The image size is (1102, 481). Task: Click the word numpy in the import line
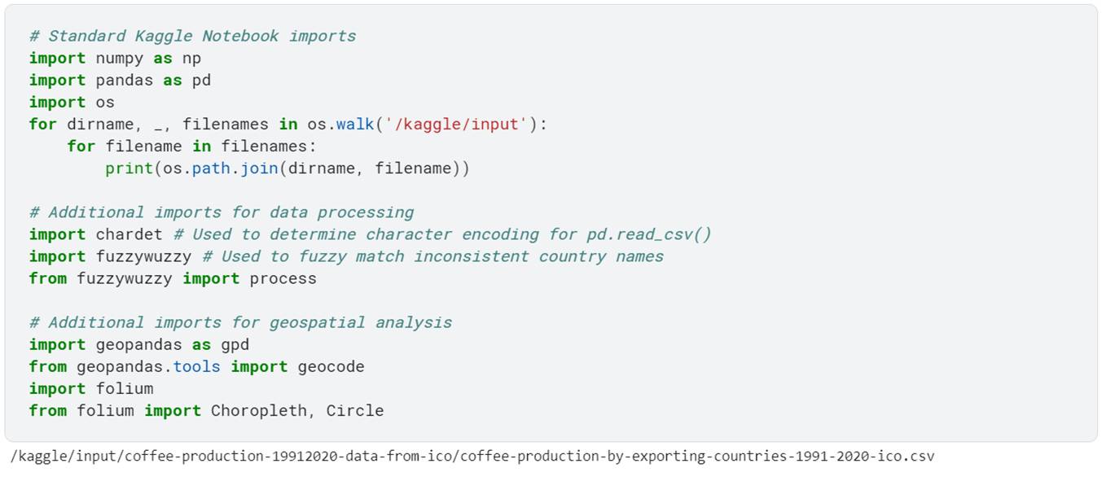120,59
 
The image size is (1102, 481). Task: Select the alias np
191,59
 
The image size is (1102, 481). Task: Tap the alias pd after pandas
201,81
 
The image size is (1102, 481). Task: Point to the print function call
129,168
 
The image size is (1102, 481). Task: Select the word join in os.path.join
259,168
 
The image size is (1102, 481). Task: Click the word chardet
129,234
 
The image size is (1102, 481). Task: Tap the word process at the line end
283,278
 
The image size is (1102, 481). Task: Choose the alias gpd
235,344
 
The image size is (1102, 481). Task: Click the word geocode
331,366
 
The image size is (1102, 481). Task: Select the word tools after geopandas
196,366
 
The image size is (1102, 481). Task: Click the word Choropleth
259,410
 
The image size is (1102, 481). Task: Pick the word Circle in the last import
354,410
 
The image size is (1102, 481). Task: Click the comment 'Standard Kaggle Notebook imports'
192,37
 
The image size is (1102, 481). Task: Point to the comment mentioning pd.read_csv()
442,234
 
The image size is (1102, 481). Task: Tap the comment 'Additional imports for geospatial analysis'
240,322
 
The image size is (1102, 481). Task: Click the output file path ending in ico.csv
472,457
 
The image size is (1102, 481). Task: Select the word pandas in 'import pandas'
125,81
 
